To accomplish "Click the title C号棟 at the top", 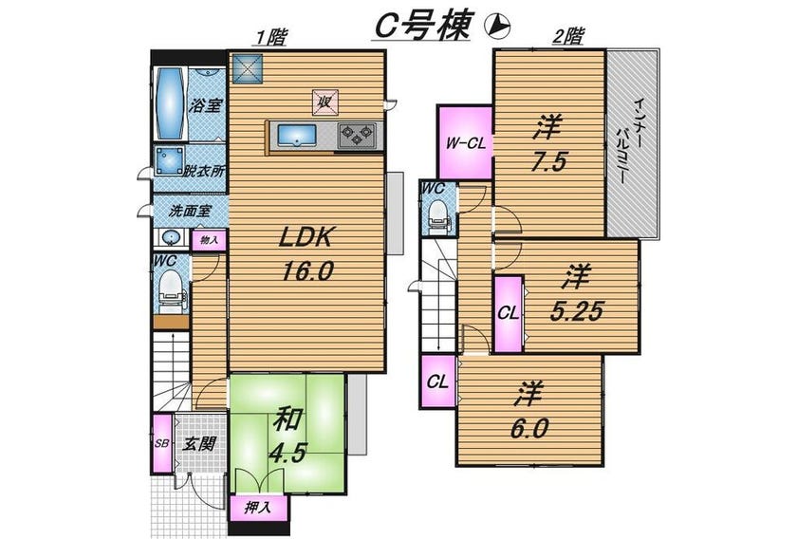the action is (421, 26).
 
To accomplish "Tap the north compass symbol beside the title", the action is (497, 26).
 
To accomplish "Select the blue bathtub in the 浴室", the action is (170, 103).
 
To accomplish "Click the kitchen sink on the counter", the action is (297, 137).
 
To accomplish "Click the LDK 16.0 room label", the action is (306, 253).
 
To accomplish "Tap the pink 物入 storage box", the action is (209, 240).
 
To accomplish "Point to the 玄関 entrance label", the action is (198, 444).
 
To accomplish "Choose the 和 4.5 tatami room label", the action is (288, 437).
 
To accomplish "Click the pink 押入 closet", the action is (259, 508).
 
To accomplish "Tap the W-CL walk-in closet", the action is (465, 143).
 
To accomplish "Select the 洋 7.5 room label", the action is (548, 144).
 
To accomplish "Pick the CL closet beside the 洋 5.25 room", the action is (509, 313).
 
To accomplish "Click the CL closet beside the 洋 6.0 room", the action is (438, 381).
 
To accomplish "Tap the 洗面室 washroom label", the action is (190, 211).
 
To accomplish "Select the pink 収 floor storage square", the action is (324, 102).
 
